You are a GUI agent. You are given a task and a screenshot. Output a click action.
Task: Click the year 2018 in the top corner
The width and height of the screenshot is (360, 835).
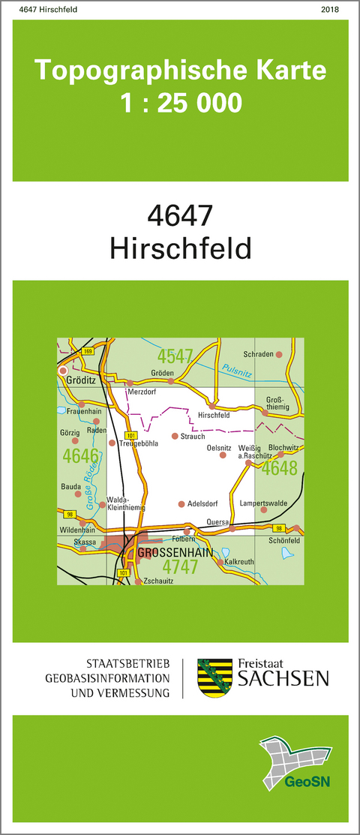(329, 10)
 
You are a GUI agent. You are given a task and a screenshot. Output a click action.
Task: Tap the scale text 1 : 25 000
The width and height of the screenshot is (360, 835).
(181, 102)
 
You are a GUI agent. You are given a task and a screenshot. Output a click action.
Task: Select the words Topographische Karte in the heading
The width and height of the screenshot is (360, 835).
(181, 71)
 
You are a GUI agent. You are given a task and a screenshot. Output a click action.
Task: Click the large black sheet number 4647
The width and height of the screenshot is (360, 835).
(181, 216)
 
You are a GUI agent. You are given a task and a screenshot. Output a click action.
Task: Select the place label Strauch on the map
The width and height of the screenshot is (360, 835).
(193, 436)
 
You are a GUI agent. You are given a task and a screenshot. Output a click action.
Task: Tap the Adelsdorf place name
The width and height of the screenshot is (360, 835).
(202, 503)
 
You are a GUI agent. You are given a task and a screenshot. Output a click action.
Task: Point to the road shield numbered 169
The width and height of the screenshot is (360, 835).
(88, 351)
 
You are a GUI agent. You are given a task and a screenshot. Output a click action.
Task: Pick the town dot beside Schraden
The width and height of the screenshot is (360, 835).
(278, 354)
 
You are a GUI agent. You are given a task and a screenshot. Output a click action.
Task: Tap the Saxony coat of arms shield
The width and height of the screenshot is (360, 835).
(214, 678)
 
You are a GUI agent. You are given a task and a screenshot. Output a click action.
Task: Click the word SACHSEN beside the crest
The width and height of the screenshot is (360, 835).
(283, 680)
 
